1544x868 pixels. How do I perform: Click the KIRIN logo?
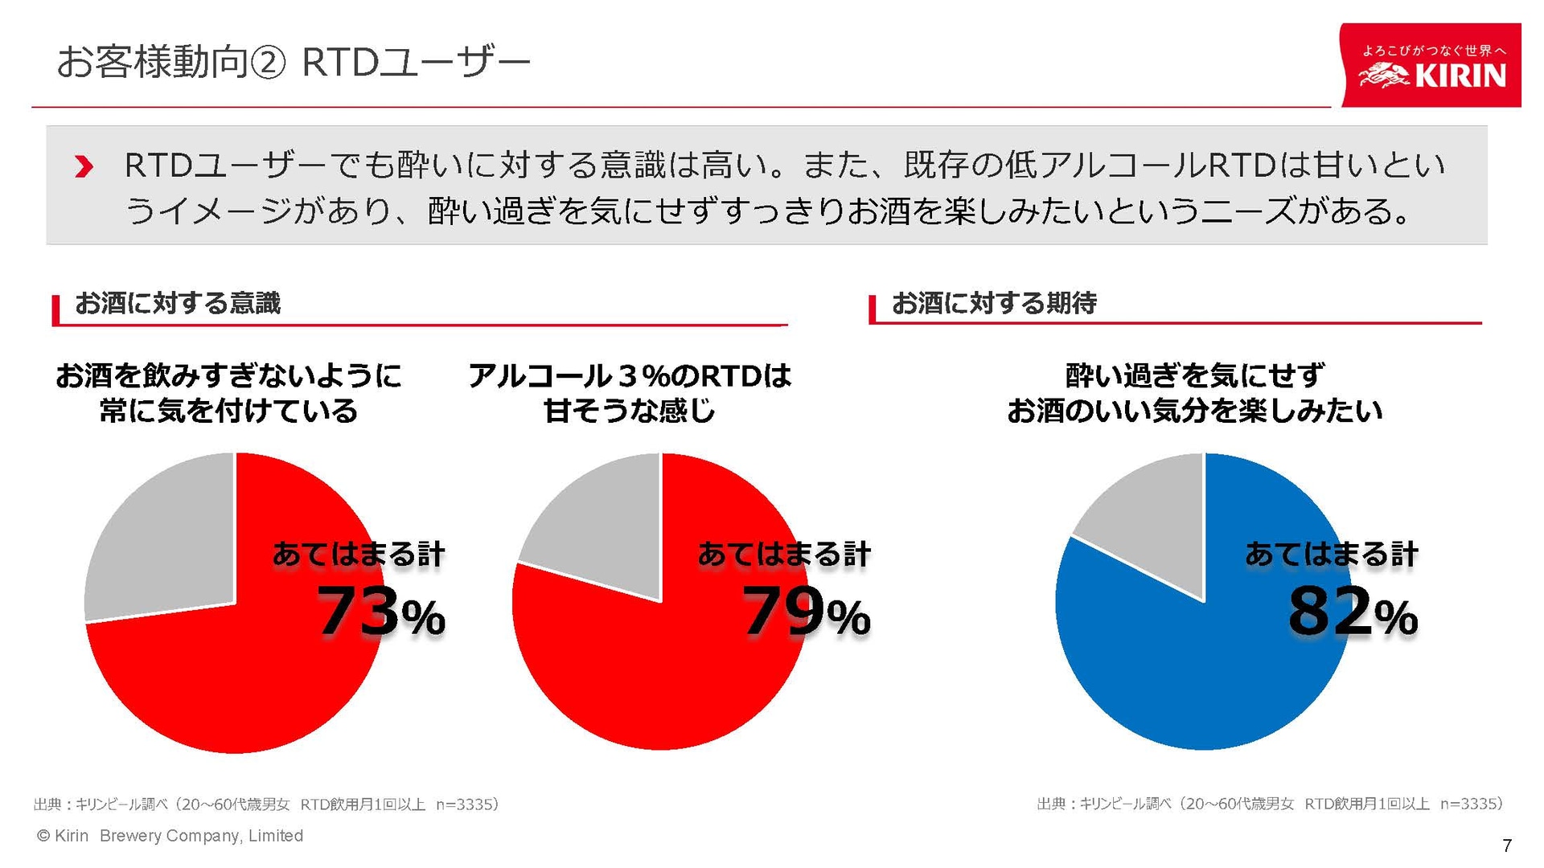(1431, 66)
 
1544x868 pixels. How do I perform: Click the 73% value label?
(380, 612)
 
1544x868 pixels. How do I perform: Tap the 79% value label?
(805, 612)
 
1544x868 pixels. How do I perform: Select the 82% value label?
(1352, 612)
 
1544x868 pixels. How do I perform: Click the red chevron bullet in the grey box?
(84, 167)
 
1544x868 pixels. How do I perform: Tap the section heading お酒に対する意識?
(178, 304)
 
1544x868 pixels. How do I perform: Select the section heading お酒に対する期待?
(994, 304)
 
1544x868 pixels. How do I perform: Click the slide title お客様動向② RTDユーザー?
(294, 63)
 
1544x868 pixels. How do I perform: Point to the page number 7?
(1506, 845)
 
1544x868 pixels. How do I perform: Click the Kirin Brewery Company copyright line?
(170, 836)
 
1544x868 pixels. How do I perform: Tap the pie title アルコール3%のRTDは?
(630, 376)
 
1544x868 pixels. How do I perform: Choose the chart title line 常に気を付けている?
(228, 411)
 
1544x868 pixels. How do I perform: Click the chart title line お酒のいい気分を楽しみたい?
(1194, 411)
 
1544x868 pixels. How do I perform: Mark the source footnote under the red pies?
(265, 804)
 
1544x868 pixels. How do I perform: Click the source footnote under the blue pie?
(1269, 804)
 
